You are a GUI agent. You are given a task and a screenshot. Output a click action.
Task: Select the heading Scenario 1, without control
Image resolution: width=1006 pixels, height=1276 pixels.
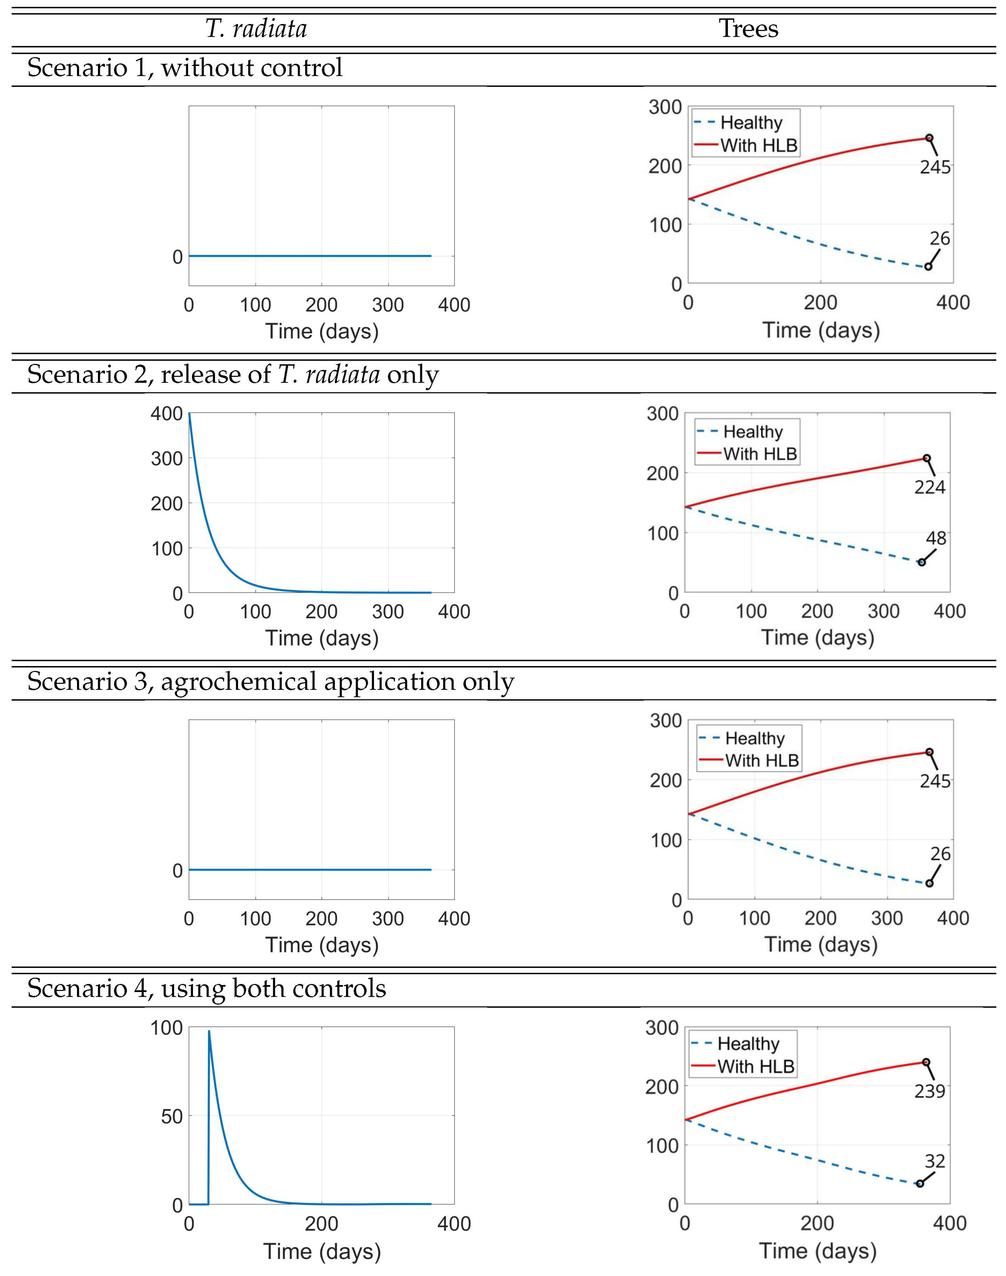coord(184,68)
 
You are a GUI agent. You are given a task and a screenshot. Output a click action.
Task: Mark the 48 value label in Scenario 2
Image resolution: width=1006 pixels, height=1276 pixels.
coord(936,538)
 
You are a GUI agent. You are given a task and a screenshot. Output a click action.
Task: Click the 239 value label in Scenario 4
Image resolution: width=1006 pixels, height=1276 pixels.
coord(930,1091)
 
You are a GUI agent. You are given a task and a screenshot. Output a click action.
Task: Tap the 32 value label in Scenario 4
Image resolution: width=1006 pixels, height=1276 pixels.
coord(935,1161)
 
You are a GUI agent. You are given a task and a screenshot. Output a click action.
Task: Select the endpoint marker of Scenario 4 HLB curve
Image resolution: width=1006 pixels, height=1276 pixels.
coord(926,1062)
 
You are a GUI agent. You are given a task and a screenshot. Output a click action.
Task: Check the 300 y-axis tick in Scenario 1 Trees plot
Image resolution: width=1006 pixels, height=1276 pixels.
coord(665,107)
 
